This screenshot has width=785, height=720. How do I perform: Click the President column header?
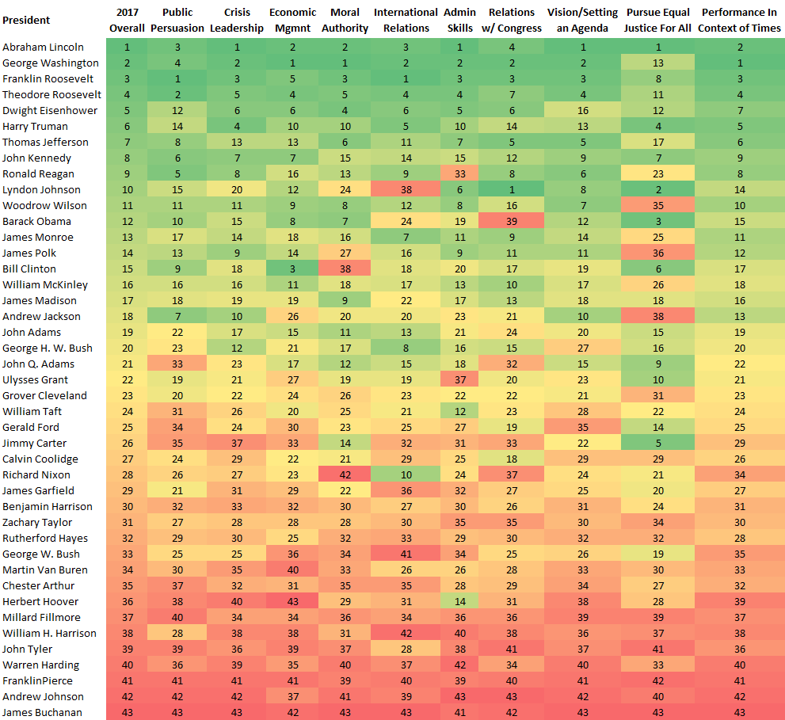[26, 20]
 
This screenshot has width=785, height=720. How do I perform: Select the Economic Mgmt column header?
[293, 20]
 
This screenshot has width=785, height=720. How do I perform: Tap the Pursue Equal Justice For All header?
[658, 20]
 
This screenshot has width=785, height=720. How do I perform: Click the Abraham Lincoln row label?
[43, 47]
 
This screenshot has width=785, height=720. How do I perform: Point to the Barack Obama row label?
[36, 221]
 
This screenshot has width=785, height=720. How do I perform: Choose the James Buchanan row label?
[41, 712]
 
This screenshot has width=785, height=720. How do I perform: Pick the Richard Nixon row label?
[36, 474]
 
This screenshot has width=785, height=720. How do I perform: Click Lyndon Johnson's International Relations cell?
[406, 189]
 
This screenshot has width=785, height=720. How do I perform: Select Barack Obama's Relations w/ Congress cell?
[511, 221]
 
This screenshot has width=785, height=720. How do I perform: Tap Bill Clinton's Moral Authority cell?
[345, 269]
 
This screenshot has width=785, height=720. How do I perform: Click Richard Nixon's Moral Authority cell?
[345, 474]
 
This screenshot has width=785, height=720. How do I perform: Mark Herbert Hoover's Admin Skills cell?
[460, 601]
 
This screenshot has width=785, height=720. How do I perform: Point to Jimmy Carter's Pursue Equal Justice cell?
[658, 443]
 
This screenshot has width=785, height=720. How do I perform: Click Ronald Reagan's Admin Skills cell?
[460, 173]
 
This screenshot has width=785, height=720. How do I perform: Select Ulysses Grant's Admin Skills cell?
[460, 379]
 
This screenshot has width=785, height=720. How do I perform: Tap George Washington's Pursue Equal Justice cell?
[658, 63]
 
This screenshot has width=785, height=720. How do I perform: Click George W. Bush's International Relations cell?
[406, 554]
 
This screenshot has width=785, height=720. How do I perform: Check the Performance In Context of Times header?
[741, 20]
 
